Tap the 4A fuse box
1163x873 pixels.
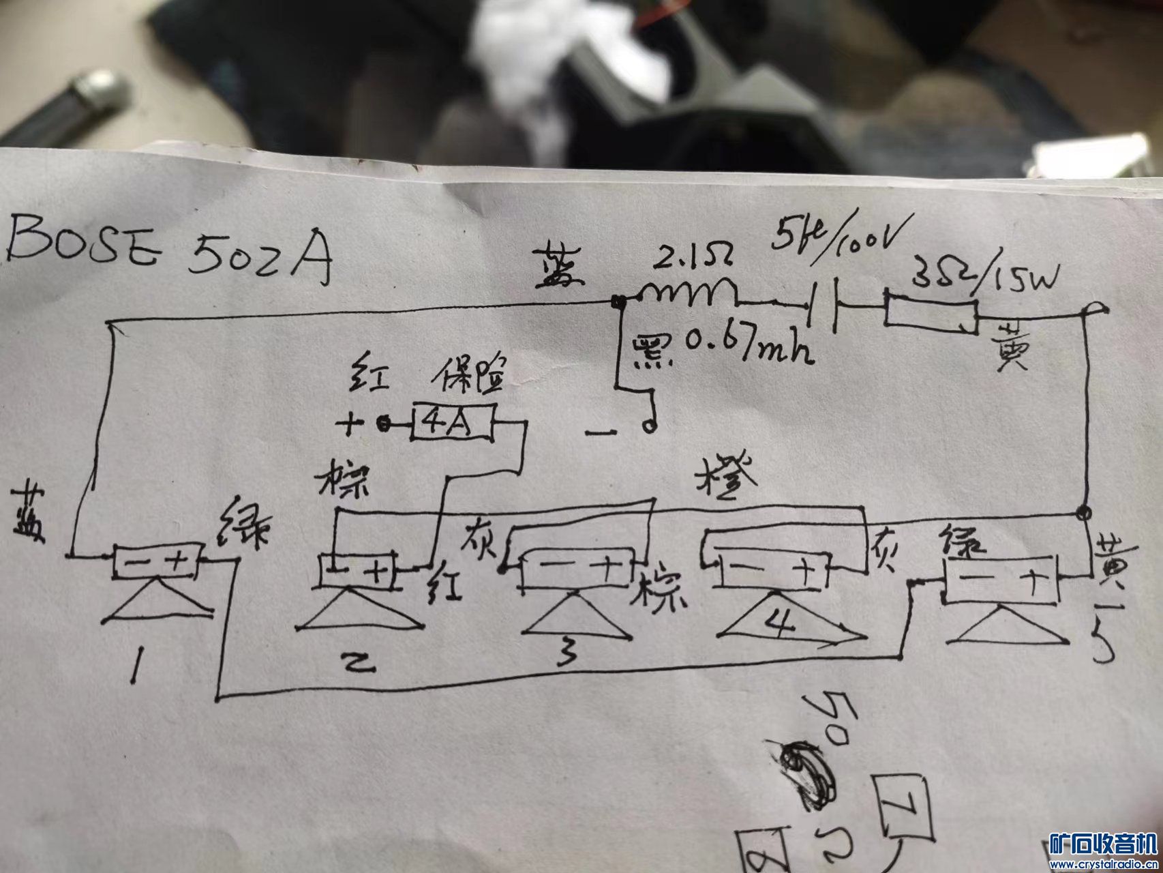pyautogui.click(x=451, y=424)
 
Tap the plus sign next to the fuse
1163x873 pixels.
pyautogui.click(x=350, y=425)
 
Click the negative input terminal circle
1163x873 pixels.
pyautogui.click(x=649, y=427)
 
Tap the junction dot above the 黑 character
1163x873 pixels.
pyautogui.click(x=619, y=301)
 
